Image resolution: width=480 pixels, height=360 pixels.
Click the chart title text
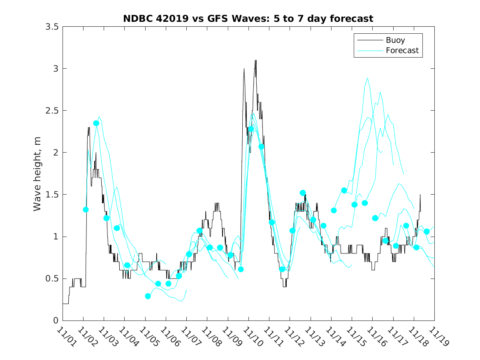248,19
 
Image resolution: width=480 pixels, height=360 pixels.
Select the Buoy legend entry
395,40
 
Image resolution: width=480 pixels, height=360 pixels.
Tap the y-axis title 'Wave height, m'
37,174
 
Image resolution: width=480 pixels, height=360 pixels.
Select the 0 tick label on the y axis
56,321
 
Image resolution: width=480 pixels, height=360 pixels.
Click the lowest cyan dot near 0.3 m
148,296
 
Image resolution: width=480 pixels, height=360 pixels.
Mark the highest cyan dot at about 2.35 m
96,123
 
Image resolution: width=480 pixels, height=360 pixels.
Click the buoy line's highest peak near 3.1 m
255,60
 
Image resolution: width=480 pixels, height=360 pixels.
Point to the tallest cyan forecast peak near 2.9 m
367,78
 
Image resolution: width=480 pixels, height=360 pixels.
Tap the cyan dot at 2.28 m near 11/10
251,129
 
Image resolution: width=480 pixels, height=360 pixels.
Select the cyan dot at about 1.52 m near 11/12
303,193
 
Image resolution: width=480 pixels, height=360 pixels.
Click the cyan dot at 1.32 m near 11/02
86,209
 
